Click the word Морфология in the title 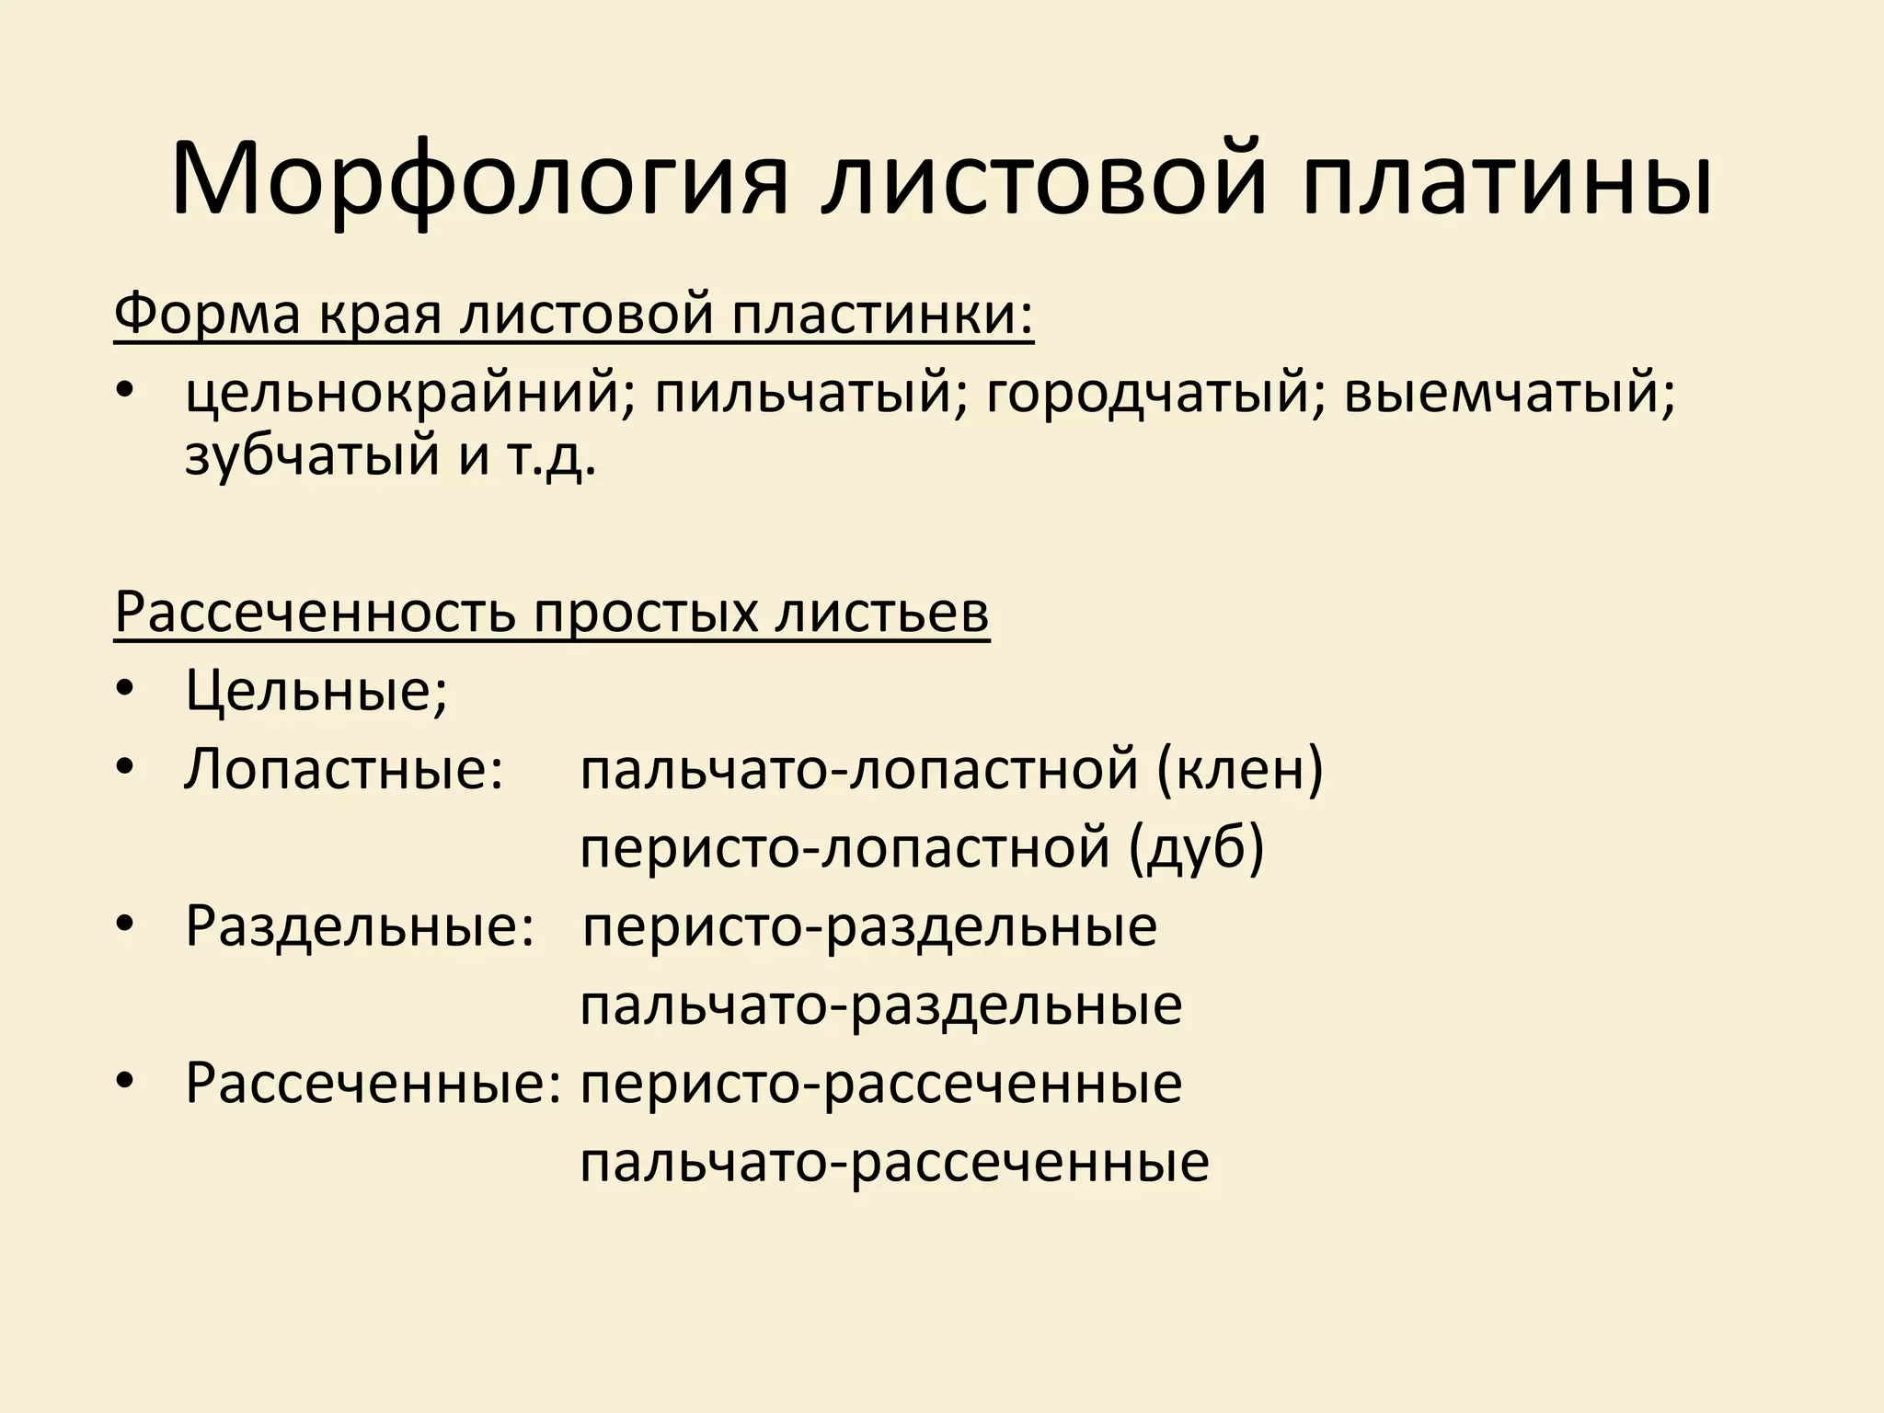[479, 180]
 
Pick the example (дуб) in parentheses [1197, 847]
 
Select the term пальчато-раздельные [880, 1005]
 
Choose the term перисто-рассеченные [880, 1083]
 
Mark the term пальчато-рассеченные [894, 1162]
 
